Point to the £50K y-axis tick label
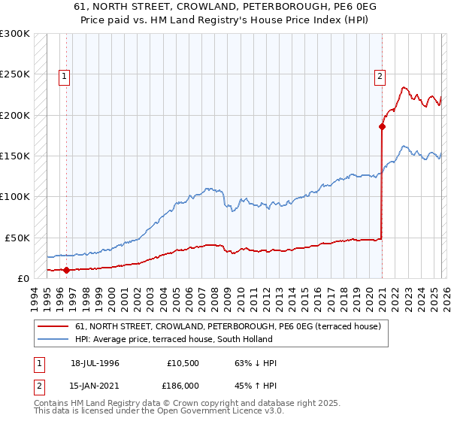tap(17, 238)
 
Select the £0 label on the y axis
tap(23, 278)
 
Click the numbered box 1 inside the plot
tap(65, 75)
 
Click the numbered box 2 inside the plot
tap(380, 75)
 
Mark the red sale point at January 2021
tap(383, 126)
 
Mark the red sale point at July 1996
tap(67, 269)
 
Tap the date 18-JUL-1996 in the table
tap(95, 363)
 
